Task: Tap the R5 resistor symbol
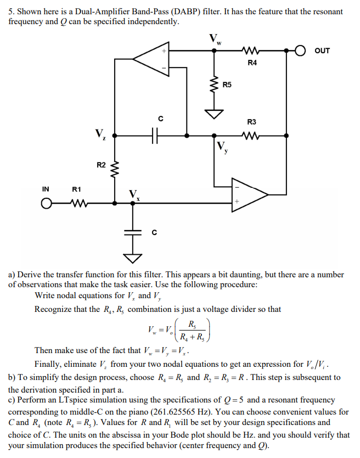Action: (x=214, y=85)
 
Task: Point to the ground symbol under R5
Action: (x=214, y=113)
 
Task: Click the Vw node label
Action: (x=215, y=38)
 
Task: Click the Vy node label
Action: (x=222, y=147)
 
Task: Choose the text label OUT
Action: (x=322, y=51)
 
